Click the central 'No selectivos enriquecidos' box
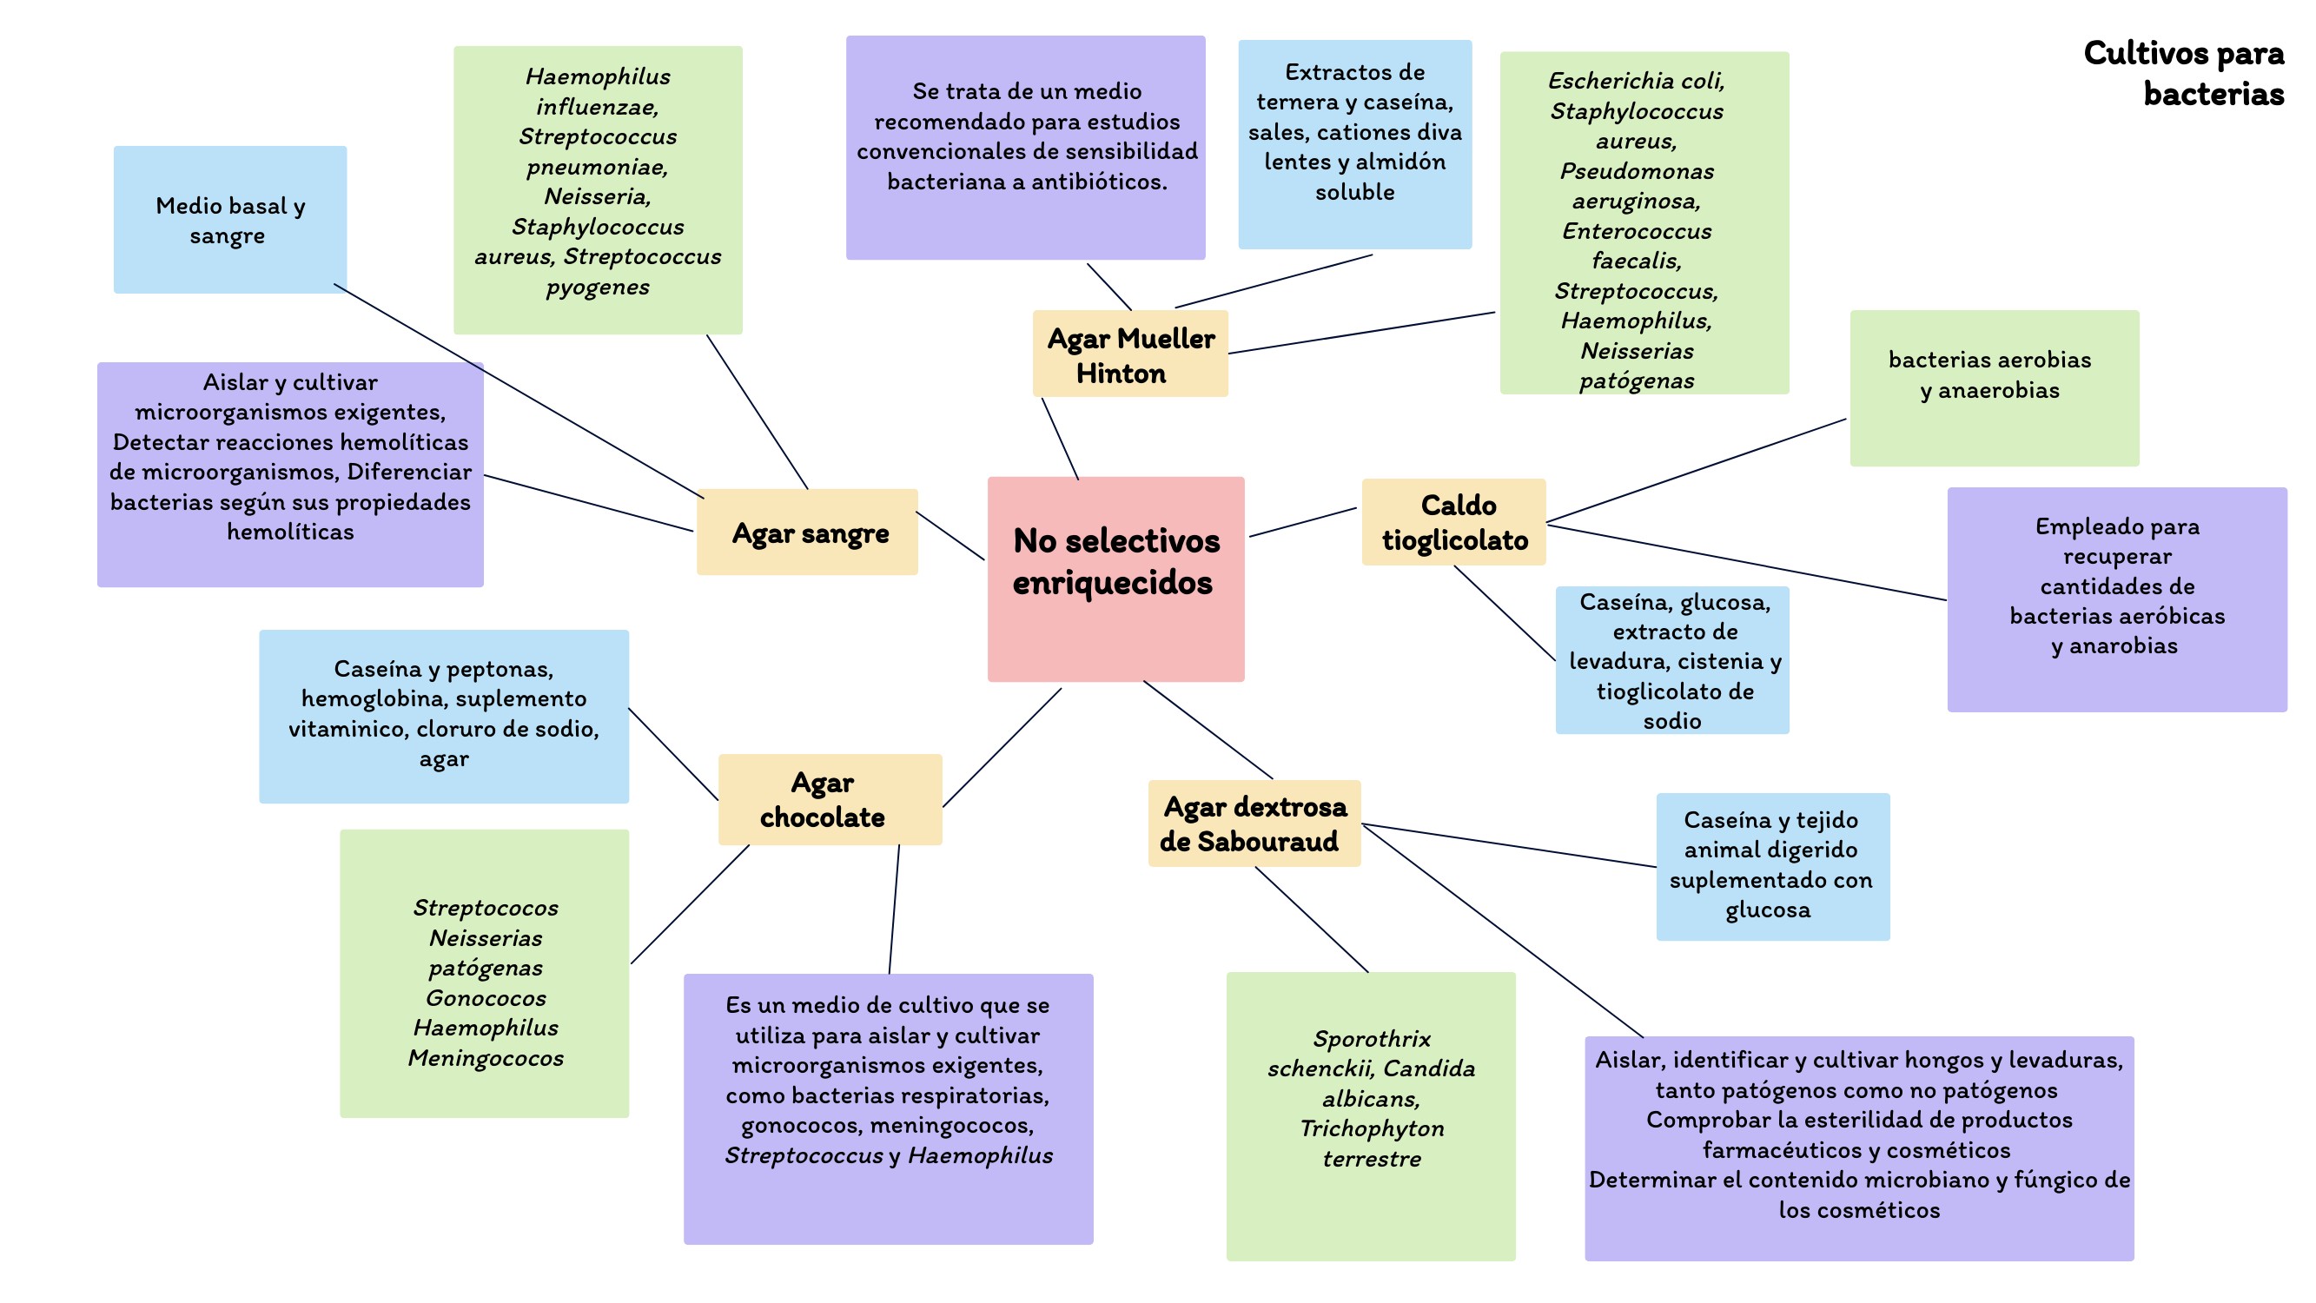[x=1115, y=579]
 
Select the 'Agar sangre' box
[x=807, y=532]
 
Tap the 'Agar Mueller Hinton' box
[x=1130, y=354]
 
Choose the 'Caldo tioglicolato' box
[x=1453, y=522]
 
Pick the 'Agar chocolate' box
[x=829, y=799]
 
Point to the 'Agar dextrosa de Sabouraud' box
[x=1254, y=823]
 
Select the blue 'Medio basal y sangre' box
[x=229, y=220]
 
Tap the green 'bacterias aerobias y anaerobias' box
[x=1993, y=387]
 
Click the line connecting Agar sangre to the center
[x=950, y=536]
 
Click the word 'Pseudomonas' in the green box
[x=1637, y=171]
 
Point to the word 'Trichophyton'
[x=1371, y=1128]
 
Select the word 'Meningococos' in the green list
[x=486, y=1058]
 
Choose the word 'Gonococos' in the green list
[x=486, y=998]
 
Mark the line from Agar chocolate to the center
[x=1002, y=748]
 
